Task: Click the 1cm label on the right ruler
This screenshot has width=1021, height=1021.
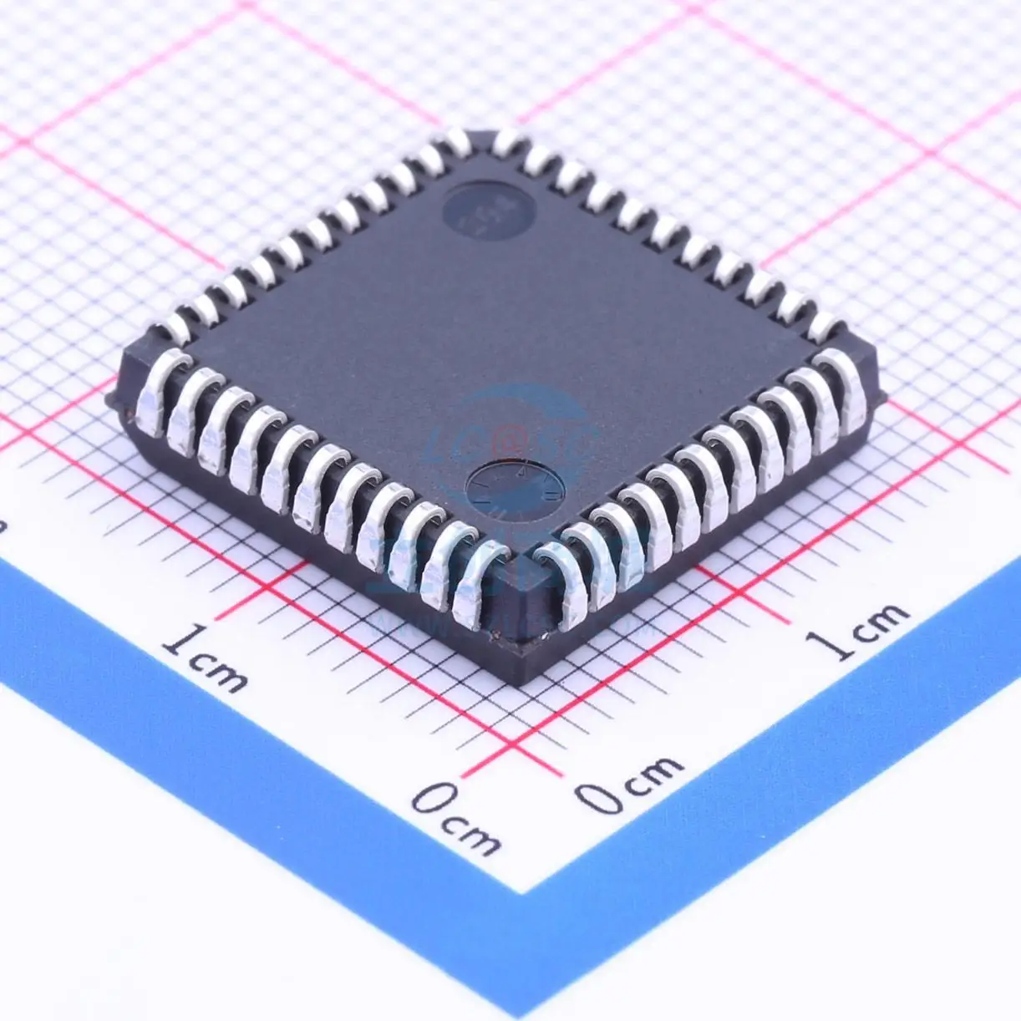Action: (x=856, y=631)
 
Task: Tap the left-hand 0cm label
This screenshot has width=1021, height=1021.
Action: (x=455, y=819)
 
